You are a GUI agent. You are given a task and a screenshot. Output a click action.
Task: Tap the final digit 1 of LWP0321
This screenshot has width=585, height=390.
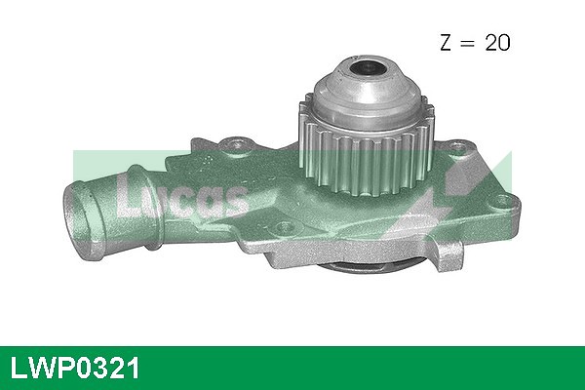(133, 368)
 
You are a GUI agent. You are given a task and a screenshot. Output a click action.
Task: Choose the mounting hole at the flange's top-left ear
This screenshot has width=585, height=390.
(233, 147)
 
